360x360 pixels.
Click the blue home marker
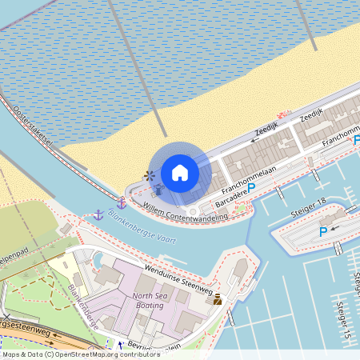180,172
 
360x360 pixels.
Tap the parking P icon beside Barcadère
250,189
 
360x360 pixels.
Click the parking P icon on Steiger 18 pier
323,232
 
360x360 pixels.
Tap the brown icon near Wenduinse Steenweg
218,300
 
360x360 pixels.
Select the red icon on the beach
281,114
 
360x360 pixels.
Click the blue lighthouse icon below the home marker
158,190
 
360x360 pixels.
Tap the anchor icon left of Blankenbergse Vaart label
98,214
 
